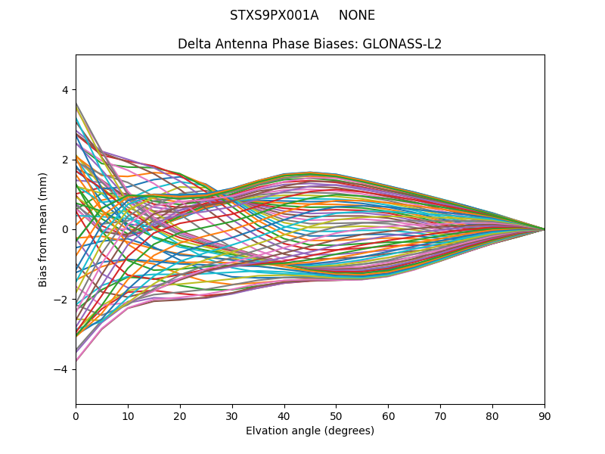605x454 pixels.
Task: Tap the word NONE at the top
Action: coord(357,15)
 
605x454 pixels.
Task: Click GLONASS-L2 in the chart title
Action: coord(402,44)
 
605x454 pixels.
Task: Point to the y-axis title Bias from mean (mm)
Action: coord(43,229)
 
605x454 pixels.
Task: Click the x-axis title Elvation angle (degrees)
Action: coord(310,431)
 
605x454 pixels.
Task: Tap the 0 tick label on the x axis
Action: coord(76,415)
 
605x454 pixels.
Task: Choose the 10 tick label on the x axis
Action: coord(128,415)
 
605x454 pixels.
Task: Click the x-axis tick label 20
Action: coord(180,415)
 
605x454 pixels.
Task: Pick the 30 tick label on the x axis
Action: coord(232,415)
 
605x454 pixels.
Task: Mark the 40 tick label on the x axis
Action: coord(284,415)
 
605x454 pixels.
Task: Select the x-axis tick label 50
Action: coord(336,415)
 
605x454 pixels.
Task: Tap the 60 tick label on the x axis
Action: coord(388,415)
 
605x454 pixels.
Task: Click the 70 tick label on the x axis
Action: coord(440,415)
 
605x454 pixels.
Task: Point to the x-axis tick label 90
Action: coord(544,415)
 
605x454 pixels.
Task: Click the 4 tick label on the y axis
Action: coord(65,90)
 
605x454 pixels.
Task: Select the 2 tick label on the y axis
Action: coord(65,160)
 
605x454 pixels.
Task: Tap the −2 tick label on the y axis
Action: coord(62,300)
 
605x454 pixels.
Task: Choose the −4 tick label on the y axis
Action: coord(62,369)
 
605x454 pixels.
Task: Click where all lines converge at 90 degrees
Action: coord(544,229)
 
